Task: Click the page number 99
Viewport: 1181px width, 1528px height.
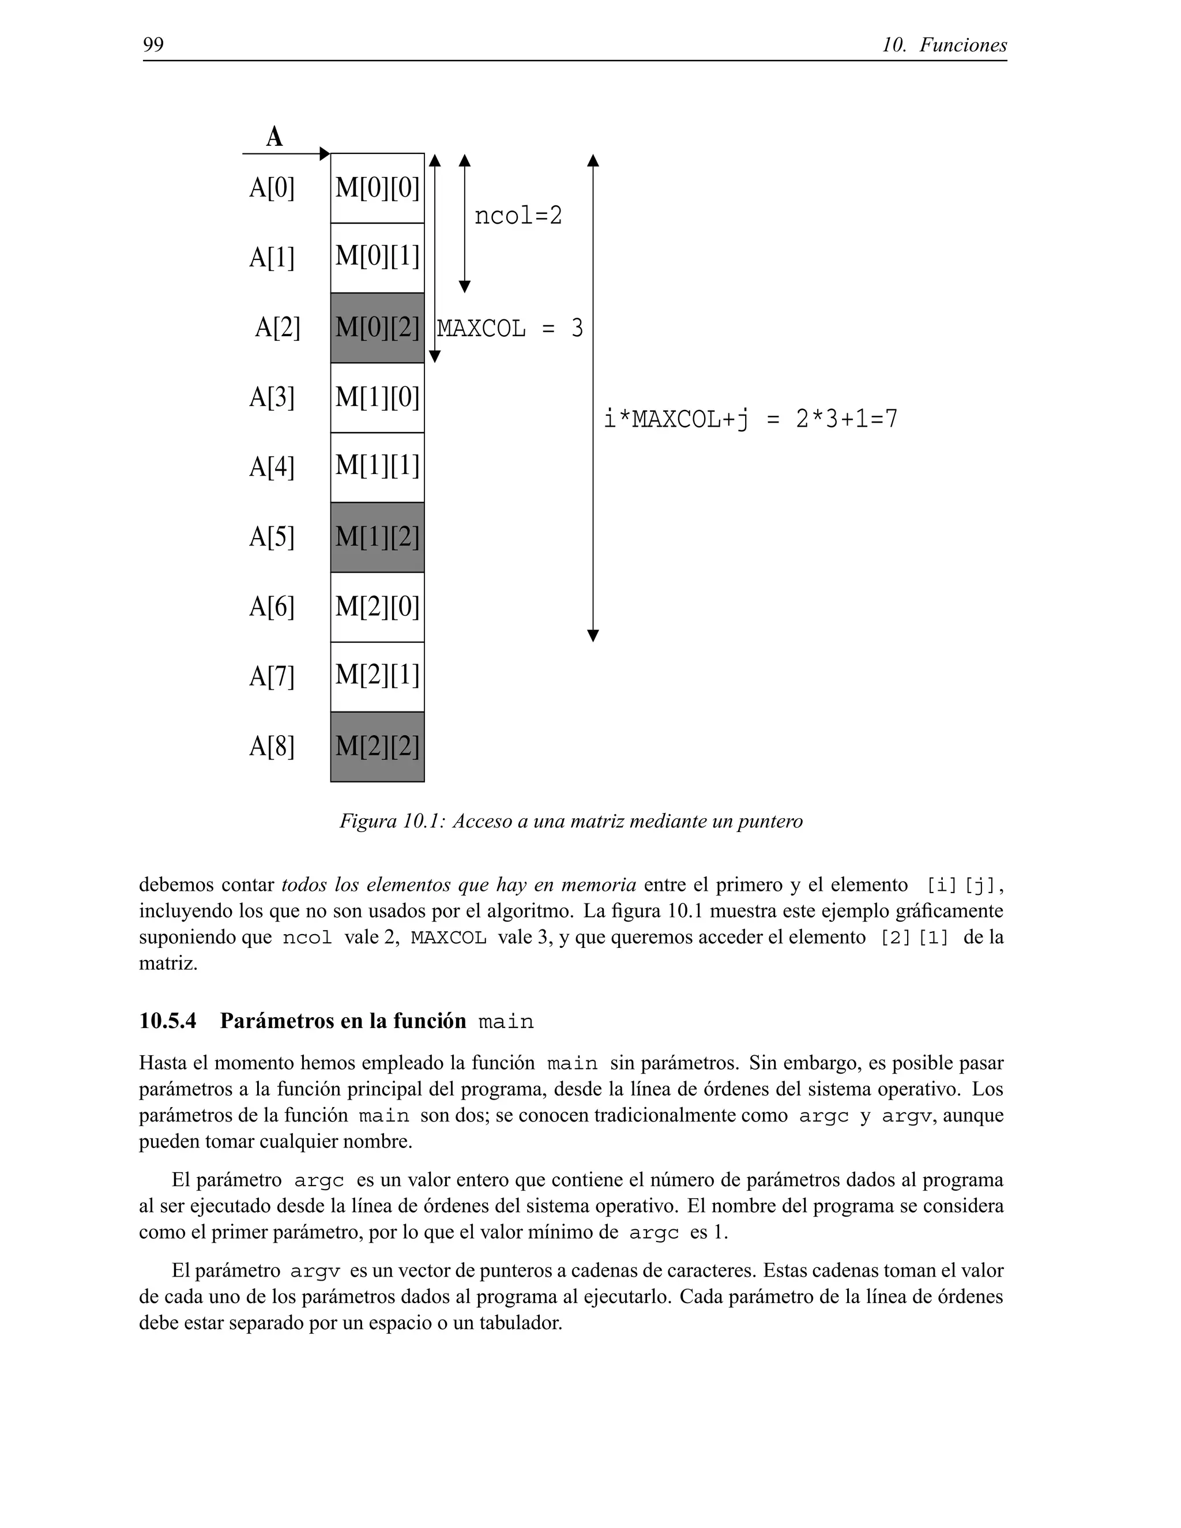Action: pyautogui.click(x=153, y=45)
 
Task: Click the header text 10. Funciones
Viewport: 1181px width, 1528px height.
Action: pyautogui.click(x=944, y=45)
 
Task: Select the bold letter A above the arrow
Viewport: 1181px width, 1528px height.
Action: pyautogui.click(x=274, y=137)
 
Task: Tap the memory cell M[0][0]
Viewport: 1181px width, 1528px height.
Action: pyautogui.click(x=377, y=187)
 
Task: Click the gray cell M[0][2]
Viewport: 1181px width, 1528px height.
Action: pyautogui.click(x=377, y=328)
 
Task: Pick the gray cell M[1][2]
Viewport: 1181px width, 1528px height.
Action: pyautogui.click(x=377, y=537)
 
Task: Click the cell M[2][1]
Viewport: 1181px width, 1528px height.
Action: pyautogui.click(x=377, y=676)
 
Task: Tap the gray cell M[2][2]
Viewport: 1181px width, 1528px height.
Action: pyautogui.click(x=377, y=747)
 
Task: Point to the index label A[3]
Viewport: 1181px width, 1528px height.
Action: pyautogui.click(x=272, y=397)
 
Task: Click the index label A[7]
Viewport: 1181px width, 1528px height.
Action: pyautogui.click(x=272, y=676)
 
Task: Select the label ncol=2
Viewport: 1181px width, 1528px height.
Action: pyautogui.click(x=518, y=216)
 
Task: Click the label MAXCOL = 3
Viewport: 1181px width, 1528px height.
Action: pyautogui.click(x=509, y=328)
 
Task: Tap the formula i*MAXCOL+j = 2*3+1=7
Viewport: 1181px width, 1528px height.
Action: pyautogui.click(x=750, y=419)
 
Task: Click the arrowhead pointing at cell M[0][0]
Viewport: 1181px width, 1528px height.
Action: pyautogui.click(x=324, y=153)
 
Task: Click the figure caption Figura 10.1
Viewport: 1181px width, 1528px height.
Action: pyautogui.click(x=571, y=821)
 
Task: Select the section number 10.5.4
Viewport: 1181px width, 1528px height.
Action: pyautogui.click(x=168, y=1021)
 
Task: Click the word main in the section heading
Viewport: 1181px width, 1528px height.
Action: pyautogui.click(x=506, y=1022)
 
